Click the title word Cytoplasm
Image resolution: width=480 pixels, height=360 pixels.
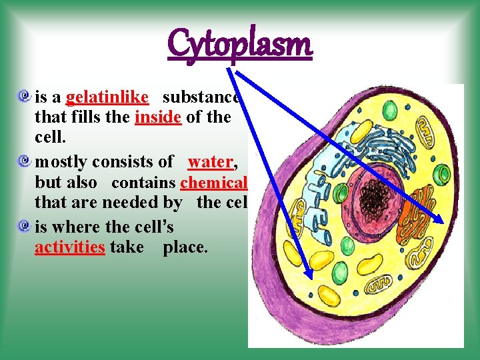click(x=240, y=45)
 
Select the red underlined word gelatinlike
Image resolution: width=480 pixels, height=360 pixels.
click(x=107, y=97)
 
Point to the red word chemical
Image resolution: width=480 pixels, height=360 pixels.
click(x=213, y=182)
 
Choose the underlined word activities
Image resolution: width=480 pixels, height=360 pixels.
click(x=70, y=247)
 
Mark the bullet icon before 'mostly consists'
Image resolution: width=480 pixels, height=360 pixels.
click(x=25, y=161)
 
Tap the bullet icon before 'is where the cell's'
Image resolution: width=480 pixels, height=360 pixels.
click(x=25, y=226)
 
